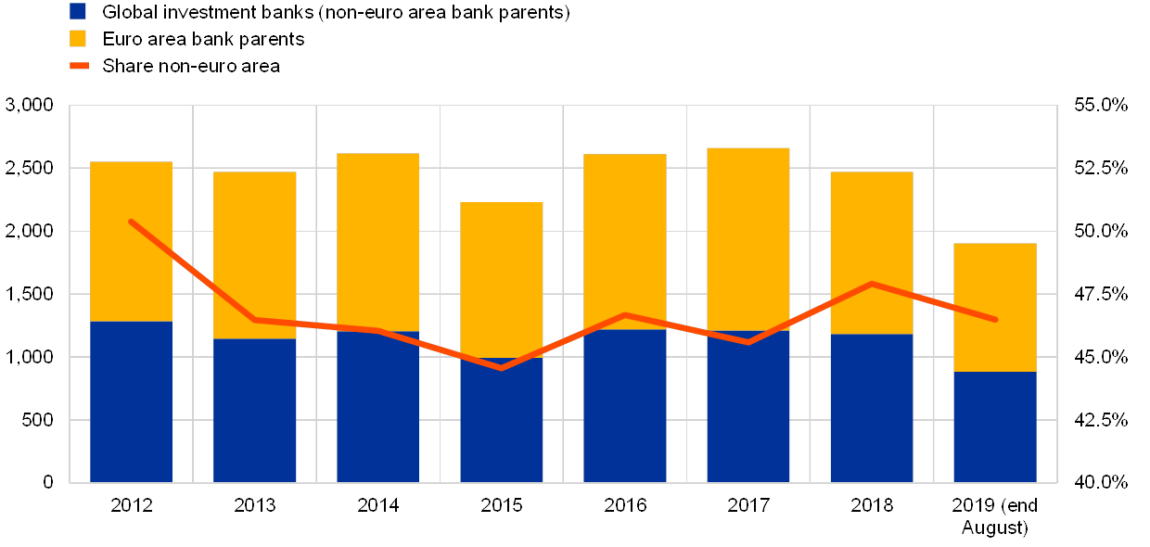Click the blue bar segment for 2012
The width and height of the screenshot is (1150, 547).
(131, 401)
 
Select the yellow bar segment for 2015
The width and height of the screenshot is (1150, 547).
(501, 279)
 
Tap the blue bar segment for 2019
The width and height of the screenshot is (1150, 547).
(995, 426)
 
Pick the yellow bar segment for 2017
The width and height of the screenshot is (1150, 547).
(747, 238)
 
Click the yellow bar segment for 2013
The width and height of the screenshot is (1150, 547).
(254, 255)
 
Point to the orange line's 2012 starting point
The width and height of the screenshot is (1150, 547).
(131, 222)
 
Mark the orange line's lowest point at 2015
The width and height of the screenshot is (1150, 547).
(501, 368)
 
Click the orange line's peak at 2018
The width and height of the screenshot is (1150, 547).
(872, 284)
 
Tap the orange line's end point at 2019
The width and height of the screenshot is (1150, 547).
(995, 320)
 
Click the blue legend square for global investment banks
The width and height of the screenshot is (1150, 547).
(78, 12)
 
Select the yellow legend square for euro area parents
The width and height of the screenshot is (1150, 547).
(78, 39)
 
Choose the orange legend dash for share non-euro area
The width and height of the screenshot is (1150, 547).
(78, 66)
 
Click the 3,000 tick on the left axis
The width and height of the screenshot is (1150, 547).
(30, 105)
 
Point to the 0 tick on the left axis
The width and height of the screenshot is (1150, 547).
(46, 482)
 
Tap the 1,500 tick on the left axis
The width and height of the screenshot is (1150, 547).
(30, 294)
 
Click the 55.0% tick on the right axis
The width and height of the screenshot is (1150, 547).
(1101, 105)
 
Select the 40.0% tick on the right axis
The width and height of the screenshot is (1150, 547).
(1101, 482)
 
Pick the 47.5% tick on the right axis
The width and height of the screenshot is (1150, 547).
(1101, 294)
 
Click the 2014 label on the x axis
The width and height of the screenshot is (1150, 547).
(377, 505)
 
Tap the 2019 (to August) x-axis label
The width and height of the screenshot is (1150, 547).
(995, 516)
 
